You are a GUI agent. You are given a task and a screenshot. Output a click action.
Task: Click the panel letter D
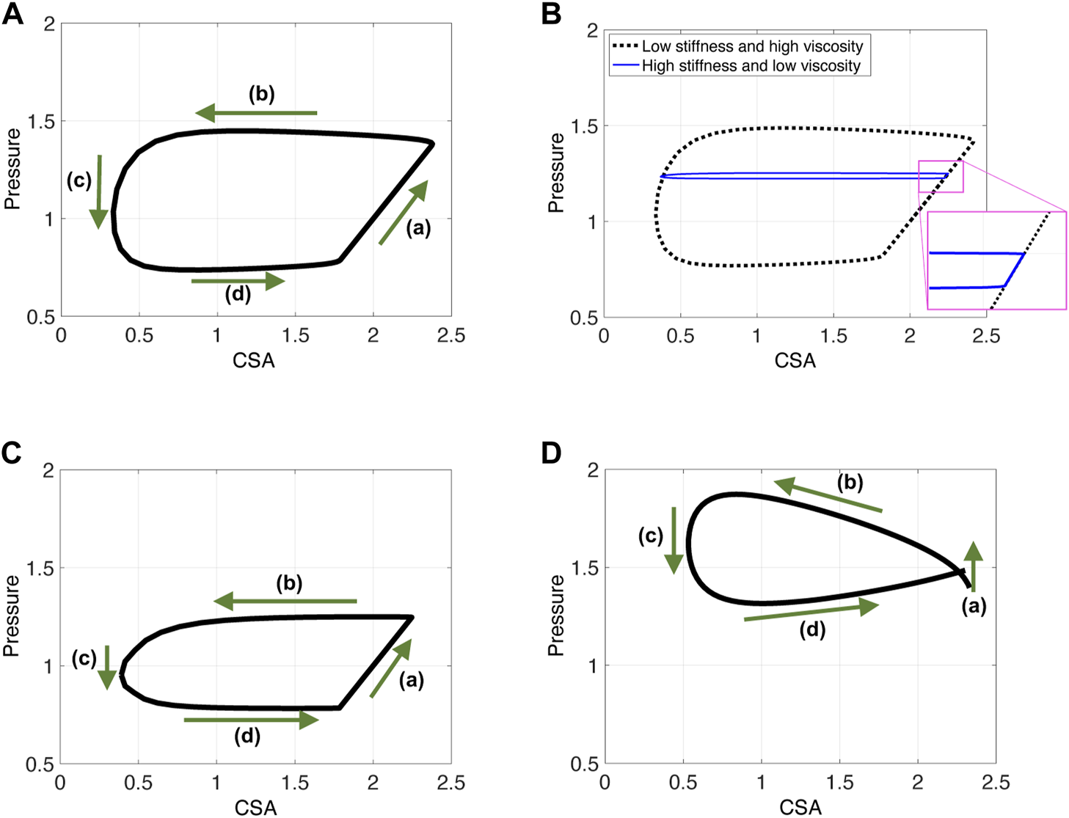pos(552,453)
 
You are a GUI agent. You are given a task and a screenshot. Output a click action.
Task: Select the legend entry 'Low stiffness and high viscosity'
pos(752,46)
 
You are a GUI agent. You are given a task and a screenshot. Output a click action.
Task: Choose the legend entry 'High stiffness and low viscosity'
pos(751,66)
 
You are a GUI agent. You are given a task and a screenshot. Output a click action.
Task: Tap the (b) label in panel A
pos(261,94)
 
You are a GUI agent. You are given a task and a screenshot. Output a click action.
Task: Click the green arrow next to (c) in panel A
pos(99,191)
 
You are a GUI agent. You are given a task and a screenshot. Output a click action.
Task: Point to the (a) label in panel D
pos(974,606)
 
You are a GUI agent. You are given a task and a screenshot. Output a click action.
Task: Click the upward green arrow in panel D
pos(973,566)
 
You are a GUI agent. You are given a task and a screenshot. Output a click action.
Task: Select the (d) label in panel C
pos(247,736)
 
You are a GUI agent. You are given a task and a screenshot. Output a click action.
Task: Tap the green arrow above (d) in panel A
pos(238,281)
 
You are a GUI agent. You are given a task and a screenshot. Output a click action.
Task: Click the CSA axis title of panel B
pos(795,360)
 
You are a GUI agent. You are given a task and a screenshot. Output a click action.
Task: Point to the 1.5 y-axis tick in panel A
pos(41,121)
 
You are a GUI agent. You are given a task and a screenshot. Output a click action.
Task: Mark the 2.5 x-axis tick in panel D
pos(996,783)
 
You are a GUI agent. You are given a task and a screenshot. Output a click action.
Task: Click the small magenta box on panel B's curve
pos(941,177)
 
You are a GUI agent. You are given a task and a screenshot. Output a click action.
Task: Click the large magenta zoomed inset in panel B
pos(996,260)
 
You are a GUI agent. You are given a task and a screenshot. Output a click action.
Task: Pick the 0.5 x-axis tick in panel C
pos(138,783)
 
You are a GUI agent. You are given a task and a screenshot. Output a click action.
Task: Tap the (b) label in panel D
pos(850,482)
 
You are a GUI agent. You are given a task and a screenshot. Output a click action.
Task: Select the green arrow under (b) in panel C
pos(285,602)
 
